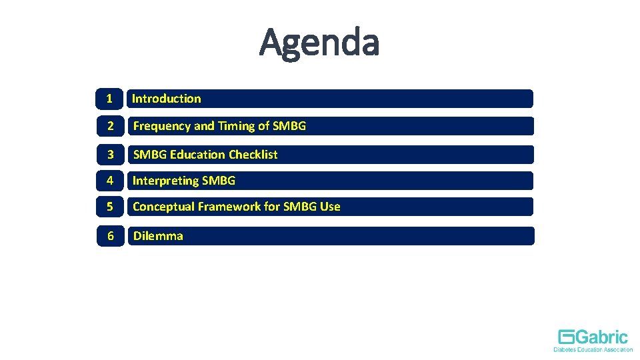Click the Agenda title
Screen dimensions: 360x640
319,42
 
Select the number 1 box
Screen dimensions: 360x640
109,99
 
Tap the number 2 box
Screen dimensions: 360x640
110,126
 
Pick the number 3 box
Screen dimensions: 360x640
110,155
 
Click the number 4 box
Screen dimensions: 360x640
110,181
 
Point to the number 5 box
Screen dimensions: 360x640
110,207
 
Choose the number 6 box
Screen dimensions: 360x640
110,236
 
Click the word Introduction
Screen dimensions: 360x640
166,99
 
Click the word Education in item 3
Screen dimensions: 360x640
198,155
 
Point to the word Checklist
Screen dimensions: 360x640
253,155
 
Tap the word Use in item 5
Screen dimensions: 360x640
329,207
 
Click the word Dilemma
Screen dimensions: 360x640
158,236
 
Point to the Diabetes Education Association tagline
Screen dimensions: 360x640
593,349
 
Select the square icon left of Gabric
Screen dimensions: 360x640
567,337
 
